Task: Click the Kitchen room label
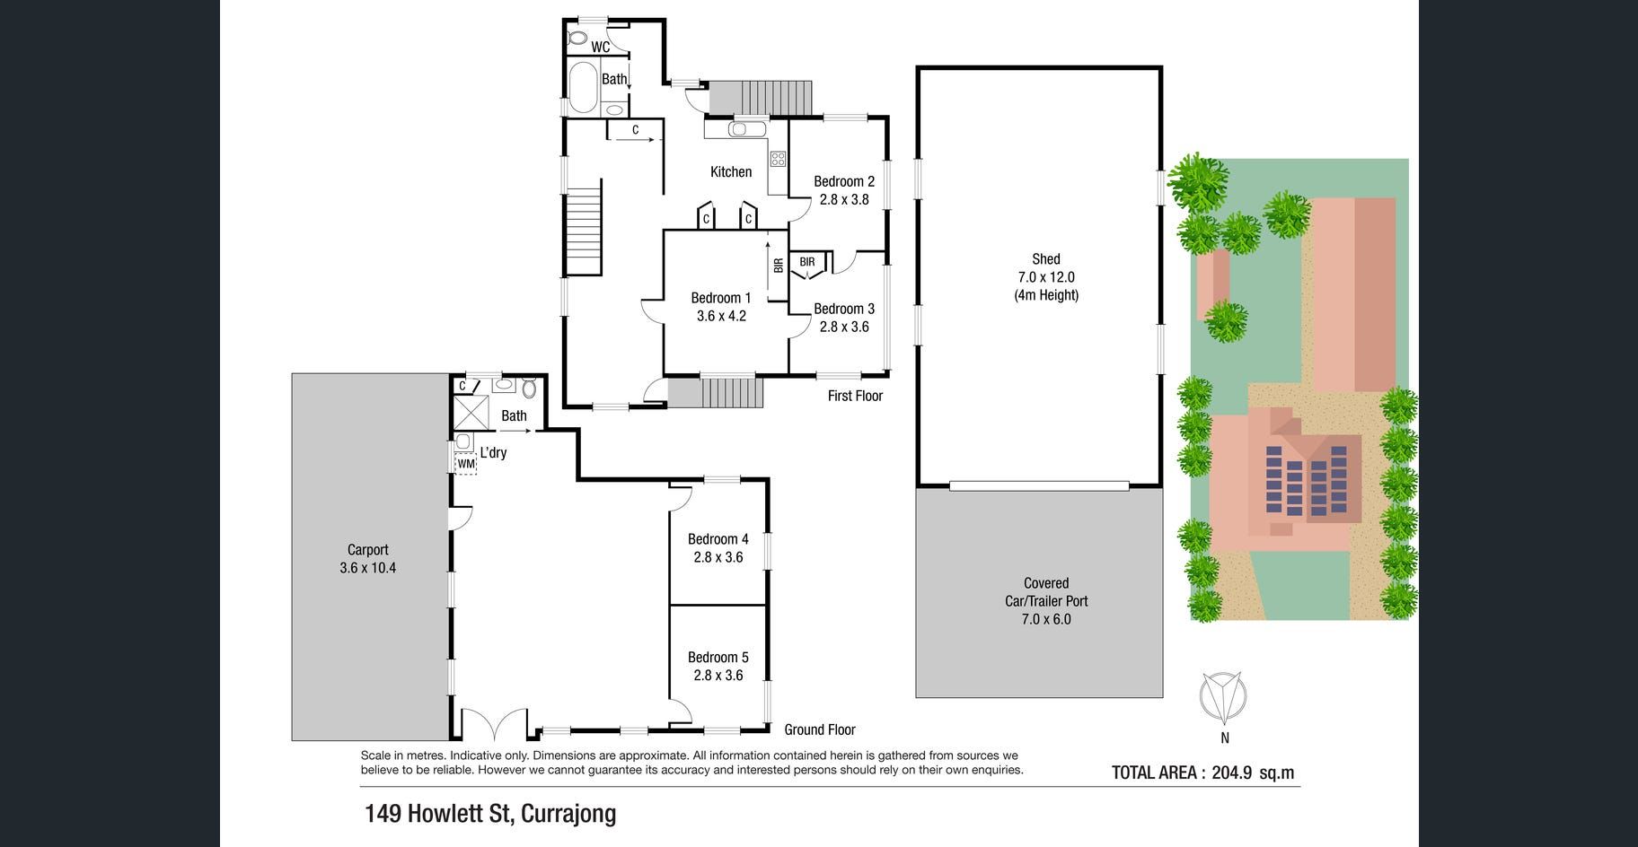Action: [731, 172]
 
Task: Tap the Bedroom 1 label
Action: [721, 298]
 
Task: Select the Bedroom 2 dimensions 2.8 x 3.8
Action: [844, 199]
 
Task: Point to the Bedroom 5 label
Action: [718, 658]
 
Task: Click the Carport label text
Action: [368, 550]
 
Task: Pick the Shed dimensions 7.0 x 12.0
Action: [1046, 277]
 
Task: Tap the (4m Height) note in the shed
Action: [1046, 295]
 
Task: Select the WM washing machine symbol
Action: [466, 464]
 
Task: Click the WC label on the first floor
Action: [601, 47]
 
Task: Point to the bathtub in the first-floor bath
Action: [584, 86]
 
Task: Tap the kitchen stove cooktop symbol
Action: [778, 160]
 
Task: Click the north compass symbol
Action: [1224, 698]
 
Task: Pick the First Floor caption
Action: [855, 396]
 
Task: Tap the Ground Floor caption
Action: [820, 730]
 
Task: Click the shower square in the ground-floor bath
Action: [470, 412]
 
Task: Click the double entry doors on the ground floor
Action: [493, 722]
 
